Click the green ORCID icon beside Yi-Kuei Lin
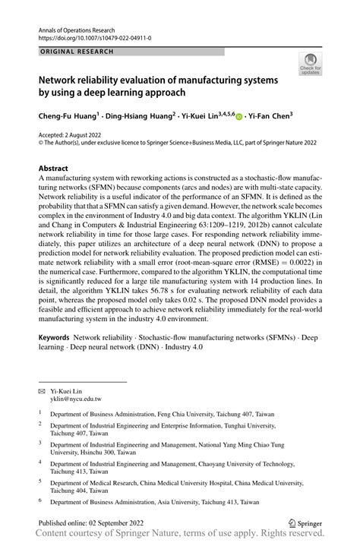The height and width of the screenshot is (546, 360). (239, 118)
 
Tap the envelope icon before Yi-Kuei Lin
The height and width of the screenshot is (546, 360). (42, 389)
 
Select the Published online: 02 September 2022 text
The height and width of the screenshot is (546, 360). (95, 522)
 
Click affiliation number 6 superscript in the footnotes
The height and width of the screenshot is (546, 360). (40, 500)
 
